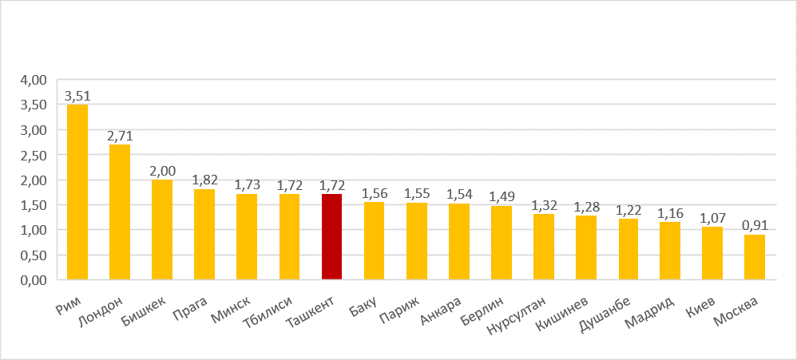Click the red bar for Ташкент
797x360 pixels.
point(331,236)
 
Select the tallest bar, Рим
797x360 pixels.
point(77,192)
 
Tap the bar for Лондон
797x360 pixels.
point(120,212)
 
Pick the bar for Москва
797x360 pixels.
point(754,257)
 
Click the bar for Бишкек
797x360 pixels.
point(162,230)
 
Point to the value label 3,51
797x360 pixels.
point(77,97)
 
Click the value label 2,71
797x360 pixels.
point(120,136)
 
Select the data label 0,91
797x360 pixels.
point(754,227)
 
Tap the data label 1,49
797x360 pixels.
point(501,197)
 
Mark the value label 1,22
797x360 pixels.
point(628,211)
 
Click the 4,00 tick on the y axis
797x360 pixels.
point(35,80)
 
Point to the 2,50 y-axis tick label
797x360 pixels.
point(35,155)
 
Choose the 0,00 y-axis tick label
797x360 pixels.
point(35,280)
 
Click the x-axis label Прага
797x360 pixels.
point(191,306)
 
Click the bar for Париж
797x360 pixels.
point(416,241)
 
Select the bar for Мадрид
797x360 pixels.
point(670,251)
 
